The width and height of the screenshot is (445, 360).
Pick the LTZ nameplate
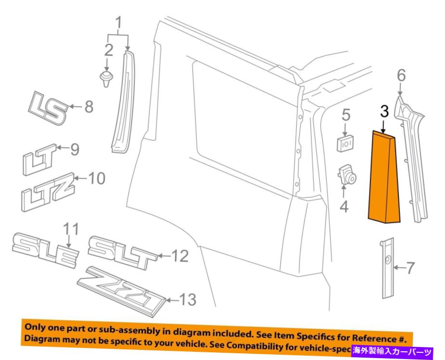tap(48, 190)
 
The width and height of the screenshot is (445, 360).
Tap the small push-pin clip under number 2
tap(106, 78)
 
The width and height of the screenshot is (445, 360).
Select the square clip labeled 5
tap(345, 142)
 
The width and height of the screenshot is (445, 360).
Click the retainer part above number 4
tap(346, 175)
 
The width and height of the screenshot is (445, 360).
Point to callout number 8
tap(89, 106)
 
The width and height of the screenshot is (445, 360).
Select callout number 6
tap(401, 75)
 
